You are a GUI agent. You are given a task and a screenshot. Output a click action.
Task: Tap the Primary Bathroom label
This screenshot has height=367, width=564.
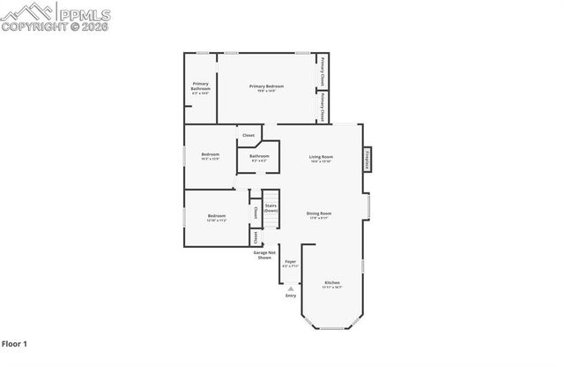click(201, 86)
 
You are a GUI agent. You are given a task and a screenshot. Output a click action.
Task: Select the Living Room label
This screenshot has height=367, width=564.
click(320, 157)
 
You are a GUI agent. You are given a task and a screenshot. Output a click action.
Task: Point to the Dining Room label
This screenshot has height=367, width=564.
click(318, 213)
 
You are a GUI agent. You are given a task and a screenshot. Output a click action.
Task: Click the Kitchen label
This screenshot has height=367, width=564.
click(331, 282)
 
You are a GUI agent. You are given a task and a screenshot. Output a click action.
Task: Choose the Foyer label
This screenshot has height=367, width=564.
click(291, 261)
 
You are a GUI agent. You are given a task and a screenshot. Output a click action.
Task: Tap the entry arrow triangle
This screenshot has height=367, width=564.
click(291, 288)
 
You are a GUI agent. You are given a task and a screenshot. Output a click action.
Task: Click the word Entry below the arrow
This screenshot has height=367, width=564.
click(291, 296)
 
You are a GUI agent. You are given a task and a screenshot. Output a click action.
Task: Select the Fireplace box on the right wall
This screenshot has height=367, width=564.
click(367, 160)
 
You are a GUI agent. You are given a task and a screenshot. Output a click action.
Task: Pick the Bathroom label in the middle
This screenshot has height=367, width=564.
click(259, 157)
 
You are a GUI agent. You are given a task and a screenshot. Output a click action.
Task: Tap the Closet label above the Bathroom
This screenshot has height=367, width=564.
click(249, 135)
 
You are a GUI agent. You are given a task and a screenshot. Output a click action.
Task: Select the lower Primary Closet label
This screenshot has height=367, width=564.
click(323, 107)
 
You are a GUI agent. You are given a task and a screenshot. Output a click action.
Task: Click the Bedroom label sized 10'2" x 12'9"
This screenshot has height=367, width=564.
click(210, 155)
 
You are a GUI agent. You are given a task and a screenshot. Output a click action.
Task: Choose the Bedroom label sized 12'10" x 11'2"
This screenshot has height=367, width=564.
click(217, 217)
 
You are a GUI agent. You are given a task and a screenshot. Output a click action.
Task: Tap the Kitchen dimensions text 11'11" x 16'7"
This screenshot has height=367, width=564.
click(331, 288)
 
